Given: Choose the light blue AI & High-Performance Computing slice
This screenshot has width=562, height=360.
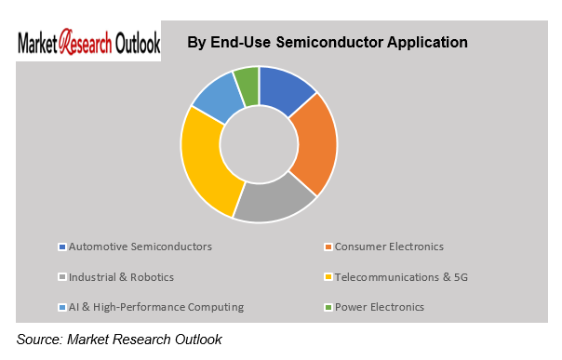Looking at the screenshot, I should click(216, 99).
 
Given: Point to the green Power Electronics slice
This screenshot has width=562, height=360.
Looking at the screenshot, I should click(247, 81).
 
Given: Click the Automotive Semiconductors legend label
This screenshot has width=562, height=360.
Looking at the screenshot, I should click(140, 247).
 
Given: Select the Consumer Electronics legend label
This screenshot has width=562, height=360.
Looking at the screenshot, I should click(389, 247).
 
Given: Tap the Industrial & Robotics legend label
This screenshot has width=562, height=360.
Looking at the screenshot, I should click(122, 276).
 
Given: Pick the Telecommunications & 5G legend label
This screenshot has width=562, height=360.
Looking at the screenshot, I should click(402, 276).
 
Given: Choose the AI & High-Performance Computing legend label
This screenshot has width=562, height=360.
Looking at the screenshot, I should click(156, 306).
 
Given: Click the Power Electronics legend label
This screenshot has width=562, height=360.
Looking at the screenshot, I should click(380, 306).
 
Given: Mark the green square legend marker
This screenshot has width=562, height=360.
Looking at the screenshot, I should click(328, 307).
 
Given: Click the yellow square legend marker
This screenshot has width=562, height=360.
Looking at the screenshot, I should click(328, 277).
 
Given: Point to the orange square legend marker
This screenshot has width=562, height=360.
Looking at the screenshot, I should click(328, 247).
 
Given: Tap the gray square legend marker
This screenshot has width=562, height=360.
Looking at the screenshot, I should click(62, 277).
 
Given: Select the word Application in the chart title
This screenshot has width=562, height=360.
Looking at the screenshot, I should click(429, 43).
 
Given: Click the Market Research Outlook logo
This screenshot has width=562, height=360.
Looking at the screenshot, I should click(89, 43).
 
